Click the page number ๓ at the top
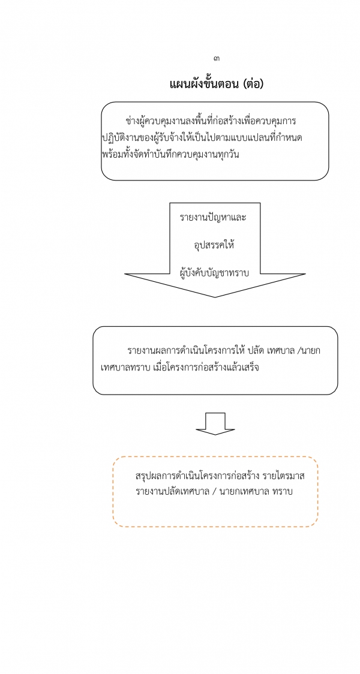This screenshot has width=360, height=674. point(216,58)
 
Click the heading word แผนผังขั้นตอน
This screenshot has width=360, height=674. point(205,83)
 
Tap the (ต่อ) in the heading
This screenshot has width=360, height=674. point(253,83)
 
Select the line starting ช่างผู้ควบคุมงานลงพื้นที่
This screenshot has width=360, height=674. point(211,121)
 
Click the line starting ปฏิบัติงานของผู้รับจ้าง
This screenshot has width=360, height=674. point(205,138)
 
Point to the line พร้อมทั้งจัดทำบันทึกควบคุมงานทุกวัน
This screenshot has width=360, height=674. point(170,154)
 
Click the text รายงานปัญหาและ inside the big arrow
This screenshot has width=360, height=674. point(213,217)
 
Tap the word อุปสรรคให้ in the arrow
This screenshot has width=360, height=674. point(214,245)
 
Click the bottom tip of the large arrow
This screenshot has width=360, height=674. point(215,297)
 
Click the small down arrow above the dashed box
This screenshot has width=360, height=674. point(215,424)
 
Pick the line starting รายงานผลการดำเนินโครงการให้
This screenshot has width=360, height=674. point(224,350)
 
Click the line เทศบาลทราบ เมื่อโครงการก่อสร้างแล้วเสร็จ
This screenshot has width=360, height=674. point(179,368)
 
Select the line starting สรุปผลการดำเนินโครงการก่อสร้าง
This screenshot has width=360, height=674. point(220,476)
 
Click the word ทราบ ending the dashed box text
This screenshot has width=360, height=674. point(283,492)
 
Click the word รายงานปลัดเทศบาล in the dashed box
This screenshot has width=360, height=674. point(172,492)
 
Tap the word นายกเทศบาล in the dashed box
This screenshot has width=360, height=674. point(244,492)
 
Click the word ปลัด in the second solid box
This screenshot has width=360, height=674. point(256,350)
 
